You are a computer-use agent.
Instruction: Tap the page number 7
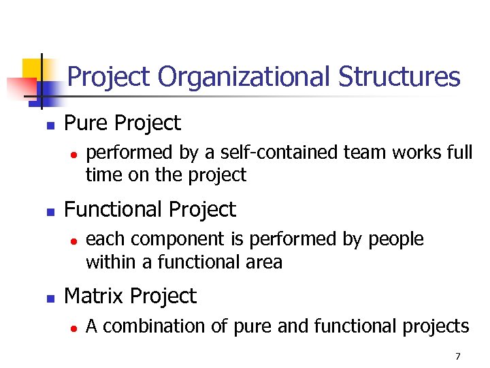coord(458,356)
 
